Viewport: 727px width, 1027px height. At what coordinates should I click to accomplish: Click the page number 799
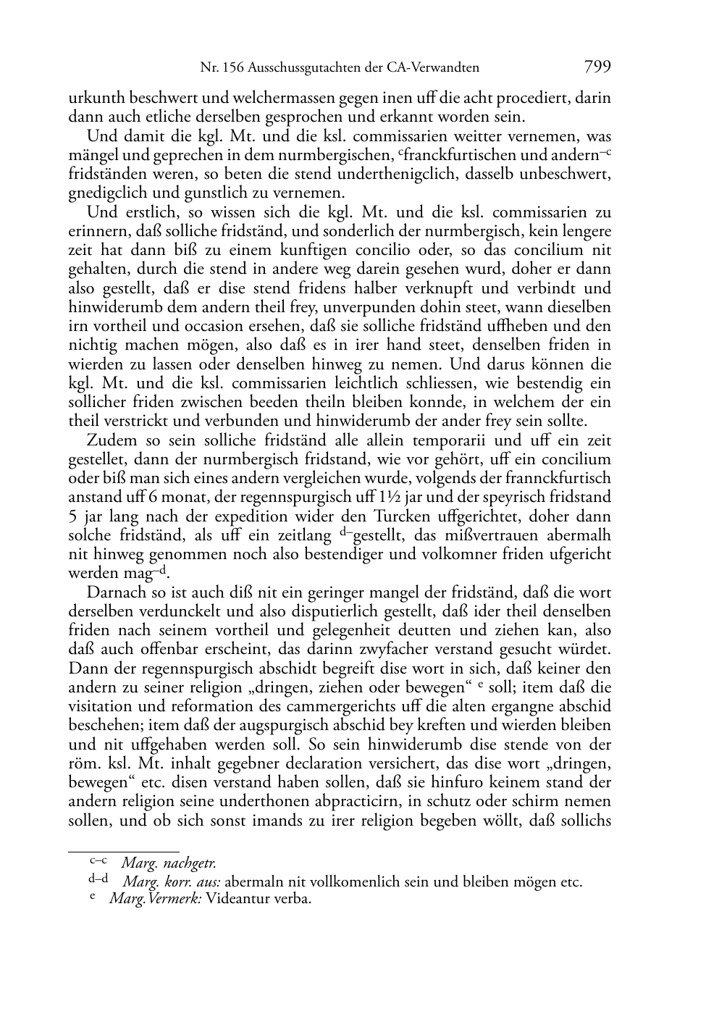(x=597, y=67)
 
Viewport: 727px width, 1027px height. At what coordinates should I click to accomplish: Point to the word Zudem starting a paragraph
(x=106, y=440)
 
